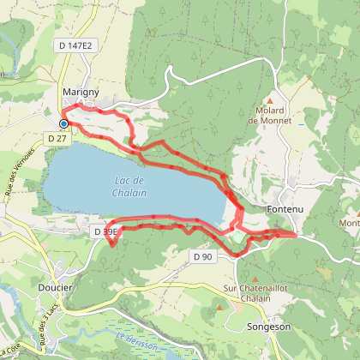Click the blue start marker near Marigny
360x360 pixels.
point(63,123)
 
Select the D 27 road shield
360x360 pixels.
point(58,137)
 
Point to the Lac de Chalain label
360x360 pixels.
point(130,186)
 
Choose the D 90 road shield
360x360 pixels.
point(202,256)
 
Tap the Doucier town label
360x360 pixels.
point(57,288)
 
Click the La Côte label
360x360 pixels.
point(10,350)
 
